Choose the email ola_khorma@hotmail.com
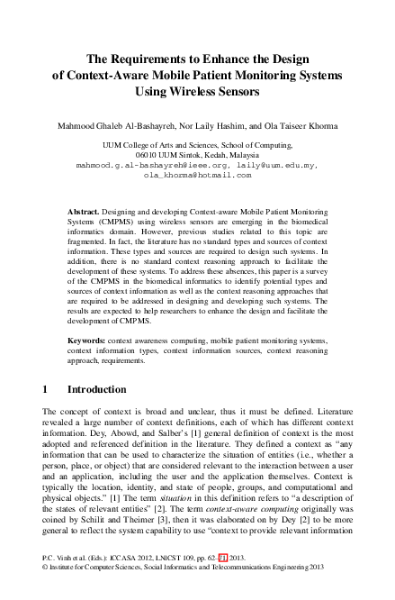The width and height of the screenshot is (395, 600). pyautogui.click(x=197, y=176)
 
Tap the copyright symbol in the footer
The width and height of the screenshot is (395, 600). pyautogui.click(x=46, y=593)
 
